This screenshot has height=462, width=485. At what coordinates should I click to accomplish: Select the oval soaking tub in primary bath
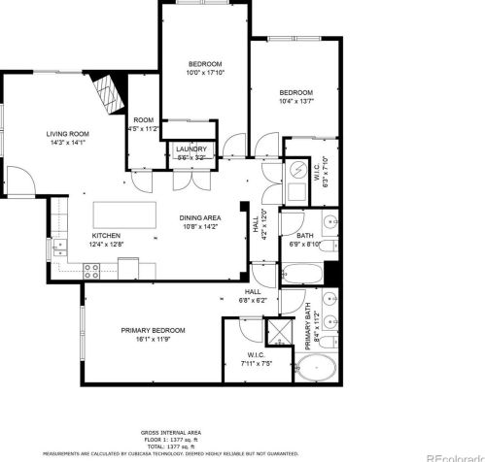point(317,370)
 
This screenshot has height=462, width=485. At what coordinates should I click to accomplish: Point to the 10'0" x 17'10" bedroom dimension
point(205,72)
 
